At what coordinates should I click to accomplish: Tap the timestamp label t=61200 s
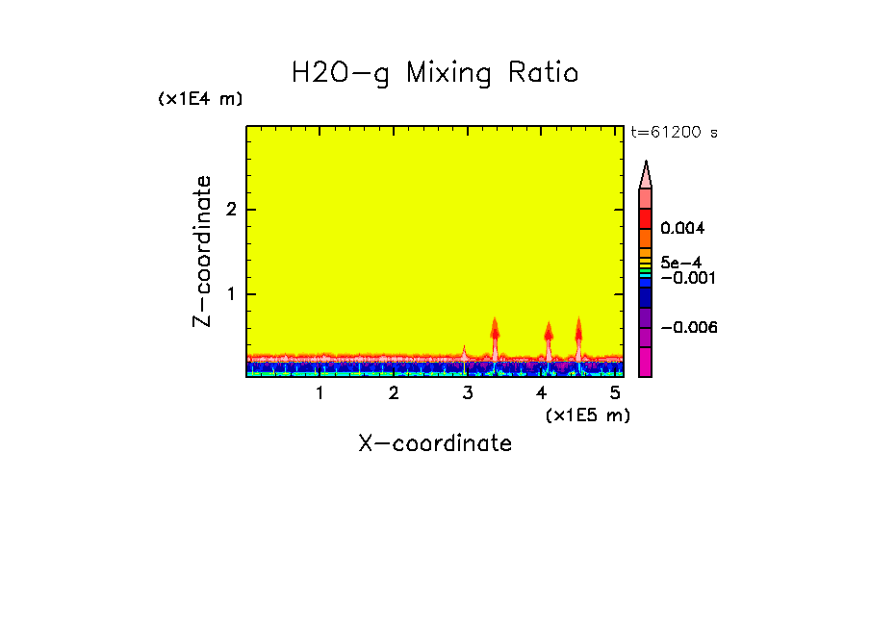coord(674,133)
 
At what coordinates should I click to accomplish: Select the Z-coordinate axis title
coord(202,251)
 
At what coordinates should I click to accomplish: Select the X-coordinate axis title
coord(435,443)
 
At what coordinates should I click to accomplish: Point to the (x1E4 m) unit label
coord(200,99)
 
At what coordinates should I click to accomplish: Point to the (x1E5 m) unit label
coord(587,415)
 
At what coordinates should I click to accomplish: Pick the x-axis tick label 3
coord(468,392)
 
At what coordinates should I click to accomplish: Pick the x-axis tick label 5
coord(615,392)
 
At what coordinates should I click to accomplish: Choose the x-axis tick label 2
coord(394,392)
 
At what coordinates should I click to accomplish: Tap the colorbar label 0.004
coord(683,229)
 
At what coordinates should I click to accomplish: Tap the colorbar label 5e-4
coord(681,262)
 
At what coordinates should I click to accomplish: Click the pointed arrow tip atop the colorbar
coord(646,173)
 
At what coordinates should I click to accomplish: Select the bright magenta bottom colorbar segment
coord(646,363)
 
